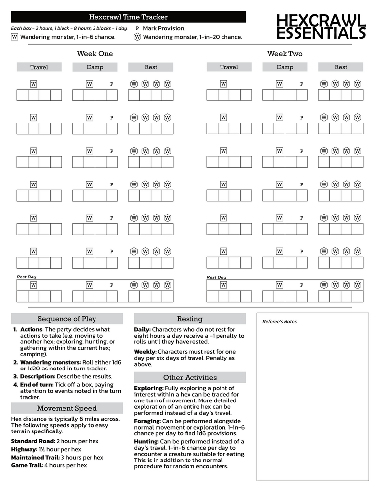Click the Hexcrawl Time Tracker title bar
coord(128,17)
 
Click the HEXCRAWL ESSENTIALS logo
coord(321,27)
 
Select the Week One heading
coord(95,54)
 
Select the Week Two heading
coord(285,54)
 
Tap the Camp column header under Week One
coord(95,67)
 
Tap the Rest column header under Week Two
coord(341,67)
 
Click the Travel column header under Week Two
coord(229,67)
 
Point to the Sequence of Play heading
coord(67,319)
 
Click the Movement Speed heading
coord(67,408)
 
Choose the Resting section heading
coord(190,319)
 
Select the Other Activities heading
coord(190,377)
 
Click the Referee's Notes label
coord(280,322)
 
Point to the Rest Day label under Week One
coord(27,277)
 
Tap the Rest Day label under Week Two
coord(217,277)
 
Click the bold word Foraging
coord(147,421)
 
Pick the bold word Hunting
coord(146,441)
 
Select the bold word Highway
coord(24,449)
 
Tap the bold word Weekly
coord(145,352)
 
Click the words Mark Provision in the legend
coord(163,28)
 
